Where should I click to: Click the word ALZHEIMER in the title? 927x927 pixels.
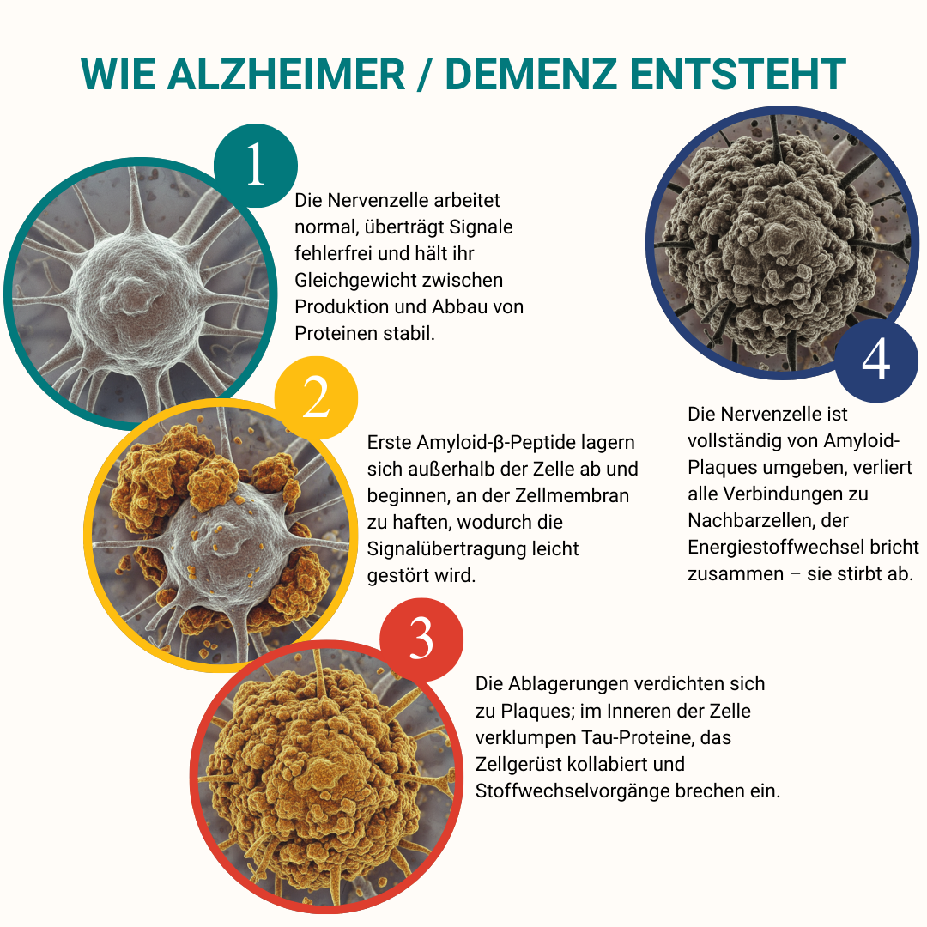pos(286,75)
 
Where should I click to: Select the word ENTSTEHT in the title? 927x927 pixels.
pos(738,75)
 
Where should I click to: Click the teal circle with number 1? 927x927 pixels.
pos(256,166)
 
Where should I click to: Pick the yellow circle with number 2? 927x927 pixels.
pos(316,398)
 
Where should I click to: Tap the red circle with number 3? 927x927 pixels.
pos(421,639)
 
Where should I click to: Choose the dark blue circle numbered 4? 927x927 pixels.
pos(876,360)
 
